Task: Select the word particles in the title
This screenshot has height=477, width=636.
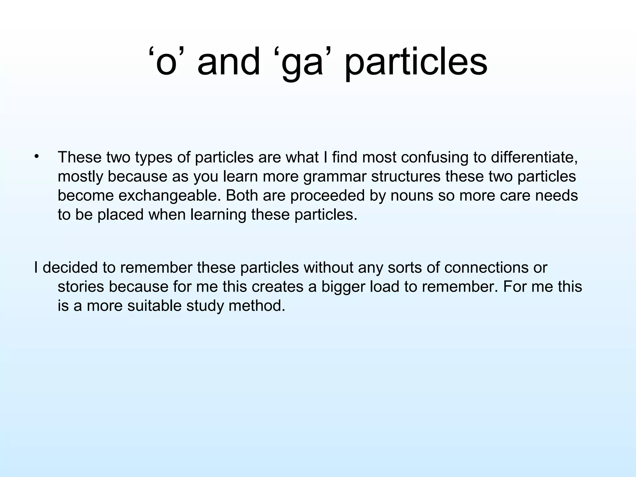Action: point(416,64)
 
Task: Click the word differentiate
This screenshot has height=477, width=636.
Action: point(534,157)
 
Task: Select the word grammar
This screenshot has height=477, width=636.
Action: point(335,177)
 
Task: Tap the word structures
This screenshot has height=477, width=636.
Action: point(406,176)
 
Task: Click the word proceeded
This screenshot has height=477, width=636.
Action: point(327,196)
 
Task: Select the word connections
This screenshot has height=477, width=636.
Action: point(486,267)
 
